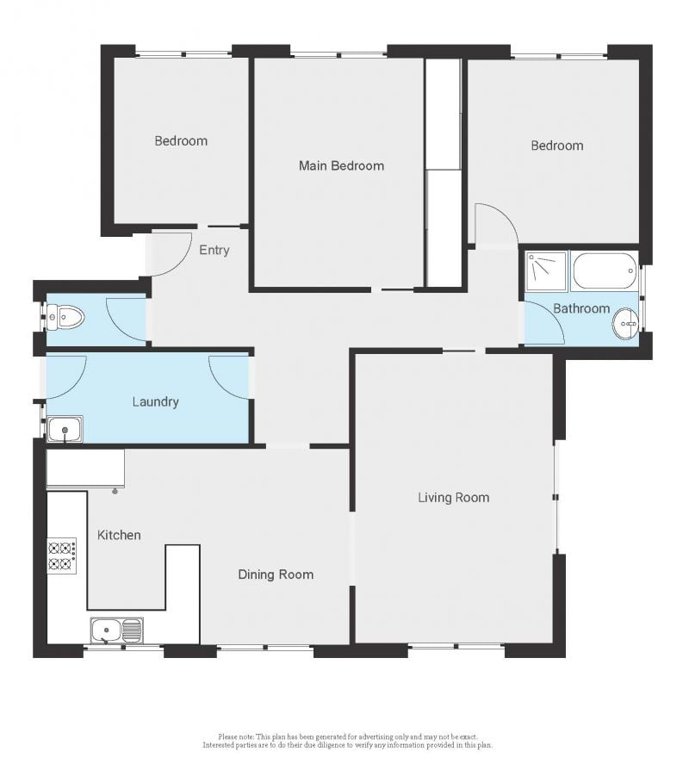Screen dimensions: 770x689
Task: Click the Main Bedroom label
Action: pyautogui.click(x=341, y=165)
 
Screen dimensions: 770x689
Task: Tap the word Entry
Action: pyautogui.click(x=214, y=251)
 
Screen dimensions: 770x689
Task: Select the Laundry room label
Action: pyautogui.click(x=156, y=401)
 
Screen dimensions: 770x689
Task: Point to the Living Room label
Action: pyautogui.click(x=453, y=497)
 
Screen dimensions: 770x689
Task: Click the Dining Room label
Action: pyautogui.click(x=276, y=574)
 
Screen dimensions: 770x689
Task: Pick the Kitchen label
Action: pyautogui.click(x=119, y=535)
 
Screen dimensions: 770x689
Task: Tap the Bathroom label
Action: pyautogui.click(x=581, y=308)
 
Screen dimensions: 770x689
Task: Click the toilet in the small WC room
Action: pyautogui.click(x=66, y=319)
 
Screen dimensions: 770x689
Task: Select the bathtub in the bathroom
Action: pyautogui.click(x=605, y=271)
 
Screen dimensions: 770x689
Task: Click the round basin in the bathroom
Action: pyautogui.click(x=625, y=326)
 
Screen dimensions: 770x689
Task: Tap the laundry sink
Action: pyautogui.click(x=65, y=428)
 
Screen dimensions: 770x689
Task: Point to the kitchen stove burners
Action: pyautogui.click(x=61, y=556)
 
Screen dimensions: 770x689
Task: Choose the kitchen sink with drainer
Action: pyautogui.click(x=117, y=631)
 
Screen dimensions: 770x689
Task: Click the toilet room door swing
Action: pyautogui.click(x=126, y=318)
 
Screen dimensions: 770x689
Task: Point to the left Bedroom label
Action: pyautogui.click(x=181, y=140)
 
